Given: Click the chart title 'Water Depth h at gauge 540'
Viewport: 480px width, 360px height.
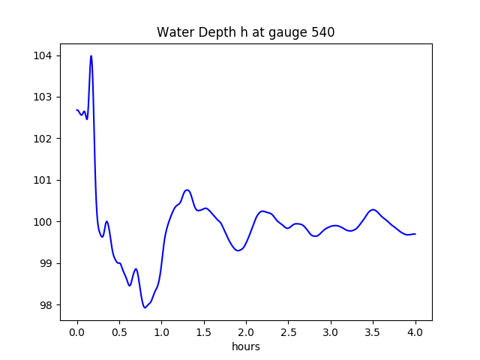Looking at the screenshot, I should click(x=245, y=33).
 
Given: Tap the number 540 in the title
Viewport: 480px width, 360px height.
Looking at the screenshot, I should click(x=322, y=33).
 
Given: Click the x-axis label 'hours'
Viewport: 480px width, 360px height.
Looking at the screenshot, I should click(x=246, y=347).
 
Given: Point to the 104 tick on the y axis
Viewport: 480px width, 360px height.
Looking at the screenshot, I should click(x=45, y=55).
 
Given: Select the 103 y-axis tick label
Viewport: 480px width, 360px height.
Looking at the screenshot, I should click(x=45, y=97).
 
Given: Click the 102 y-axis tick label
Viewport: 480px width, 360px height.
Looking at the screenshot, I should click(x=45, y=139).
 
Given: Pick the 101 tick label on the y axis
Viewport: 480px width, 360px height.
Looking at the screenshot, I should click(x=45, y=181).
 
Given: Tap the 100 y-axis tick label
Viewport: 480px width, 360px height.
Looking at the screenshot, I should click(x=45, y=222).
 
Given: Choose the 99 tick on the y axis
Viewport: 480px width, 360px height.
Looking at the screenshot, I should click(x=48, y=263).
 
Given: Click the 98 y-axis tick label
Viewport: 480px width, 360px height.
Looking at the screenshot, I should click(x=48, y=305).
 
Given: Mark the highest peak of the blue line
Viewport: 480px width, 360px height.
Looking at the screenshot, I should click(x=91, y=55).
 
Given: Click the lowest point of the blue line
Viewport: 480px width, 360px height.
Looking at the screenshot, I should click(x=145, y=307).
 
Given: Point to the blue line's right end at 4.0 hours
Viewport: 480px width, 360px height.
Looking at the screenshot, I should click(x=415, y=234).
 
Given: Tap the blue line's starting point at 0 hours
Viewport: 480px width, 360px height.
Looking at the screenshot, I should click(x=77, y=110).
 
